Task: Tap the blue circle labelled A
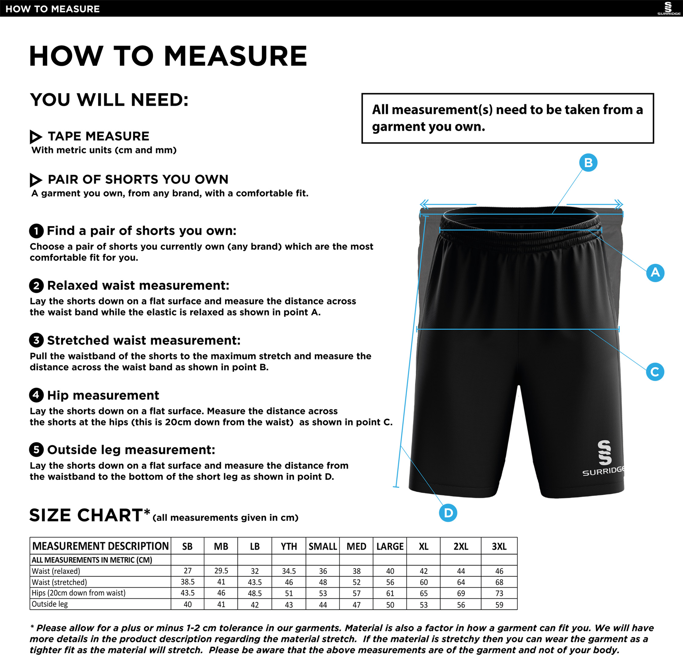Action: click(x=655, y=273)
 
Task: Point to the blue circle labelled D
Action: click(x=448, y=513)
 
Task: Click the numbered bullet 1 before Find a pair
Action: click(x=36, y=231)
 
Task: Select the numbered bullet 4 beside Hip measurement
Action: click(x=36, y=395)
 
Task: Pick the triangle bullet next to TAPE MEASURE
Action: click(x=36, y=137)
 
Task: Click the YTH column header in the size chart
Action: click(x=289, y=546)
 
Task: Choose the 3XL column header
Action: click(x=499, y=546)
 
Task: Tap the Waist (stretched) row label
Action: click(x=59, y=582)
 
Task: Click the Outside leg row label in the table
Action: click(x=50, y=604)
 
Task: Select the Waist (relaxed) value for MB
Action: click(x=221, y=570)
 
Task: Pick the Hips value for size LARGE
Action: click(x=390, y=593)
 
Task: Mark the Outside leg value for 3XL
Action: click(x=499, y=605)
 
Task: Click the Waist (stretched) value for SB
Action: click(x=188, y=582)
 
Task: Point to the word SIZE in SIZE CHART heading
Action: click(x=51, y=515)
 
